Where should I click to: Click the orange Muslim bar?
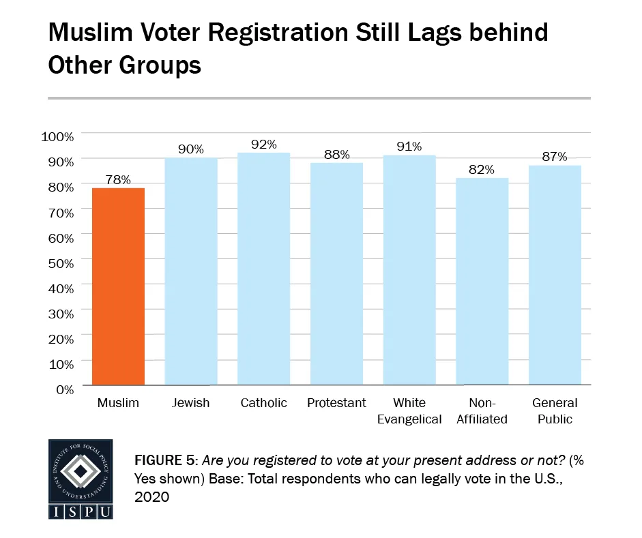coord(118,286)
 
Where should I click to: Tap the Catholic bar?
coord(263,269)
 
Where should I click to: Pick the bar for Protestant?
coord(336,273)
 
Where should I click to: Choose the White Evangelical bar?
coord(409,270)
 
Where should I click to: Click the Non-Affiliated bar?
coord(482,282)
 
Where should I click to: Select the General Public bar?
coord(555,275)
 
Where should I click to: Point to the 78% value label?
coord(118,179)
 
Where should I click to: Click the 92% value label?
coord(263,144)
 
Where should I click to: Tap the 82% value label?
coord(482,169)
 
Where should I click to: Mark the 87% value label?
coord(555,156)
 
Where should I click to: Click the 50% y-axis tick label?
coord(60,263)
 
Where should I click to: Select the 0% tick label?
coord(63,389)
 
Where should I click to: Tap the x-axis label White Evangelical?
coord(409,411)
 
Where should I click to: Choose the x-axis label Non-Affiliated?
coord(482,411)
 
